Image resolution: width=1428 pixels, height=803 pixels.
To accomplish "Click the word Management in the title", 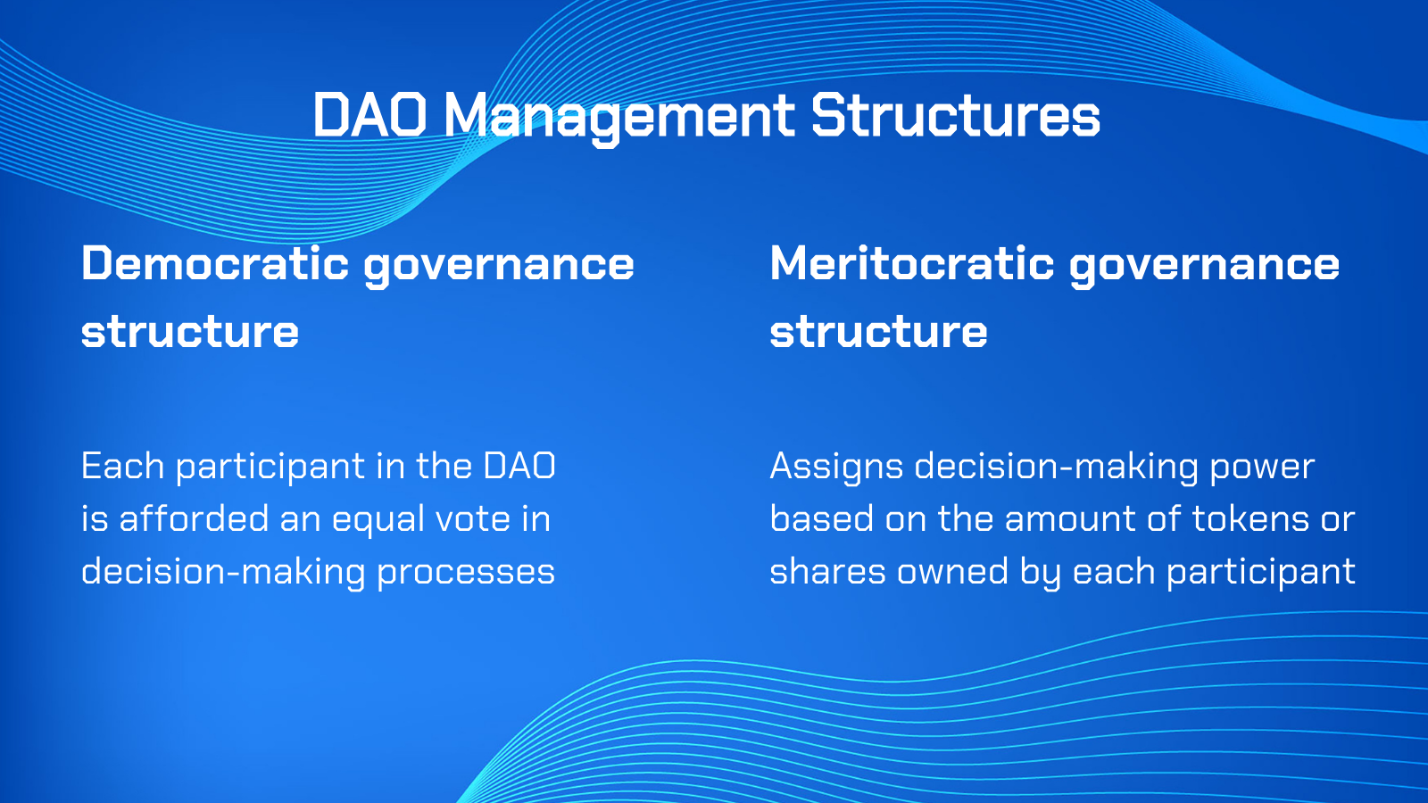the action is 619,118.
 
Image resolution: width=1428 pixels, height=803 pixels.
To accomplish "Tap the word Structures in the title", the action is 956,115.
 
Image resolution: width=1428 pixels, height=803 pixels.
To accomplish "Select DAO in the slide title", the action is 369,115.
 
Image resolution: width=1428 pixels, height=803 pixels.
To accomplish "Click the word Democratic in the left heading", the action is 215,263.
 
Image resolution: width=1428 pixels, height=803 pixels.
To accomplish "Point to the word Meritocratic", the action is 912,263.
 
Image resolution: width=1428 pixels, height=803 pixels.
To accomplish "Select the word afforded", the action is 195,518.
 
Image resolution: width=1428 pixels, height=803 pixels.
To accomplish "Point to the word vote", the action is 473,519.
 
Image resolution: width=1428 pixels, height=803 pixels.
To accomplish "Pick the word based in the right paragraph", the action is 821,518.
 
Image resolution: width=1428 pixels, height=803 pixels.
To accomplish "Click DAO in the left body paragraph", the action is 519,466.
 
